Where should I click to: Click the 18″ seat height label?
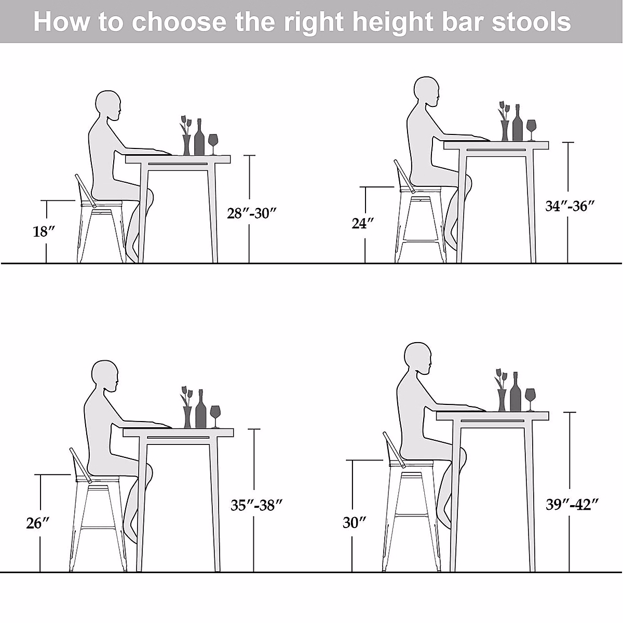(x=44, y=232)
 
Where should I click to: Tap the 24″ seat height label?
(x=363, y=224)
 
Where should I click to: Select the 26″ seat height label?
(x=38, y=523)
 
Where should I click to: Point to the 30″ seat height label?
(x=355, y=522)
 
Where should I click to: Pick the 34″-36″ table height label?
(x=570, y=206)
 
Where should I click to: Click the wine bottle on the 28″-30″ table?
(x=199, y=138)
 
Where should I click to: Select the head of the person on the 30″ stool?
(x=417, y=358)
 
